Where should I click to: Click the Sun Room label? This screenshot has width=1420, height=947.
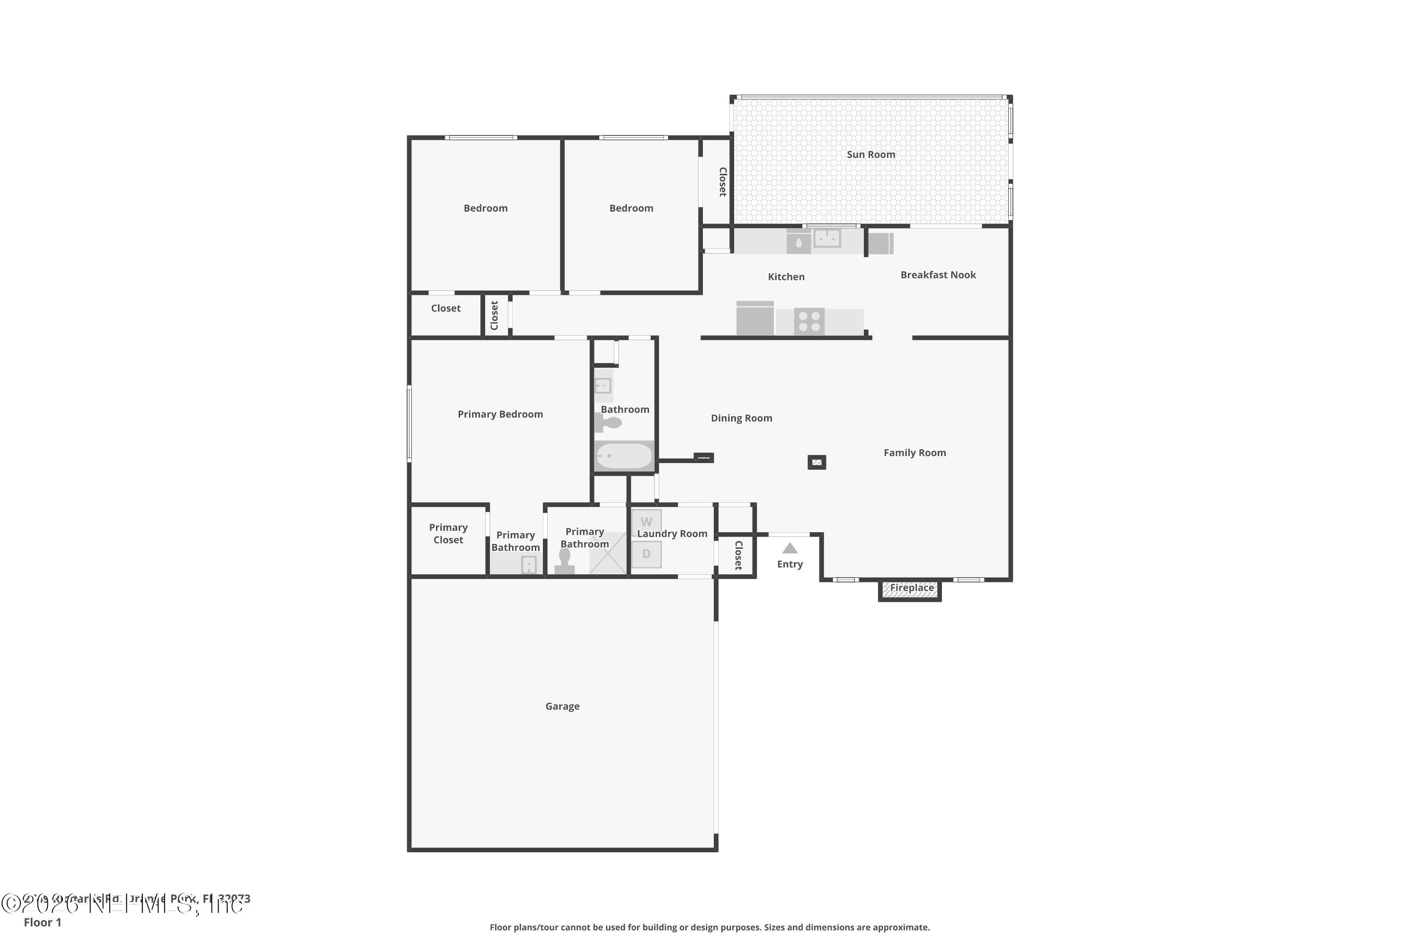coord(870,155)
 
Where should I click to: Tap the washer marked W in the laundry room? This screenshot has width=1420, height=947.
coord(646,522)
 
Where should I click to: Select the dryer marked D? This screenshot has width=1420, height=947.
coord(646,554)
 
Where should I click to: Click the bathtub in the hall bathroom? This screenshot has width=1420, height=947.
coord(624,456)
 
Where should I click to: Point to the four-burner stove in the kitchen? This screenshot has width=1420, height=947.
coord(809,322)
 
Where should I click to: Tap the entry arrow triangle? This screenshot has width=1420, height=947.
coord(790,548)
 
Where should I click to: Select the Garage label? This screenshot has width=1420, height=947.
coord(562,706)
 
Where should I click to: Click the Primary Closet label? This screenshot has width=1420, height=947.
coord(448,534)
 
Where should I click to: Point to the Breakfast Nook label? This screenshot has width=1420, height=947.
coord(938,275)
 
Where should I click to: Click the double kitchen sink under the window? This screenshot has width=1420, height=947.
coord(827,238)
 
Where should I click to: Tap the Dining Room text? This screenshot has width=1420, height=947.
coord(741,418)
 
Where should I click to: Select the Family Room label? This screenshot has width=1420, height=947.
coord(914,452)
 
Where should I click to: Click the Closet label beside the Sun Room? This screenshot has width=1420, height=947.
coord(722,182)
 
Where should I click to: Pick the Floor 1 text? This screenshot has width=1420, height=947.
coord(42,922)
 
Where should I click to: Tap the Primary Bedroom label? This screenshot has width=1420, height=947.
coord(500,414)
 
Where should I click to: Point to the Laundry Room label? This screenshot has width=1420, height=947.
coord(672,534)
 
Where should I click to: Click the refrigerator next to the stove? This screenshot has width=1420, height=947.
coord(754,318)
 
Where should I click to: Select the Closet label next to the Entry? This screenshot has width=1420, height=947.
coord(738,555)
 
